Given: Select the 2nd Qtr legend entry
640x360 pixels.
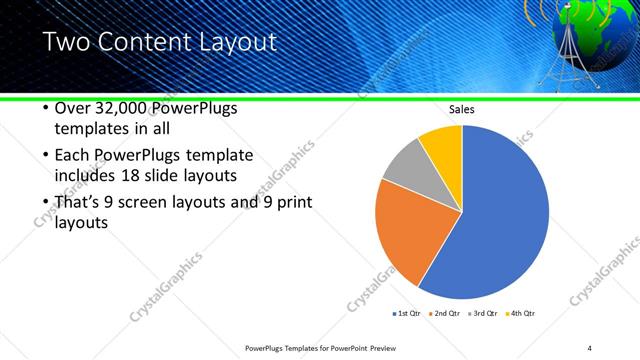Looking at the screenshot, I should tap(444, 313).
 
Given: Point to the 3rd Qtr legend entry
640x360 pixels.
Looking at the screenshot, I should tap(483, 313).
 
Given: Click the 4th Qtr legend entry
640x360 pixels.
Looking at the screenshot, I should tap(520, 313).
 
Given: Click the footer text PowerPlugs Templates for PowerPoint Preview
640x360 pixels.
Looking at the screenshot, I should tap(314, 348).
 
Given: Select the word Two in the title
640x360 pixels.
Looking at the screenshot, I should tap(68, 42).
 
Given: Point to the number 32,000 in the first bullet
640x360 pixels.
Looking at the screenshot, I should tap(124, 108).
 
